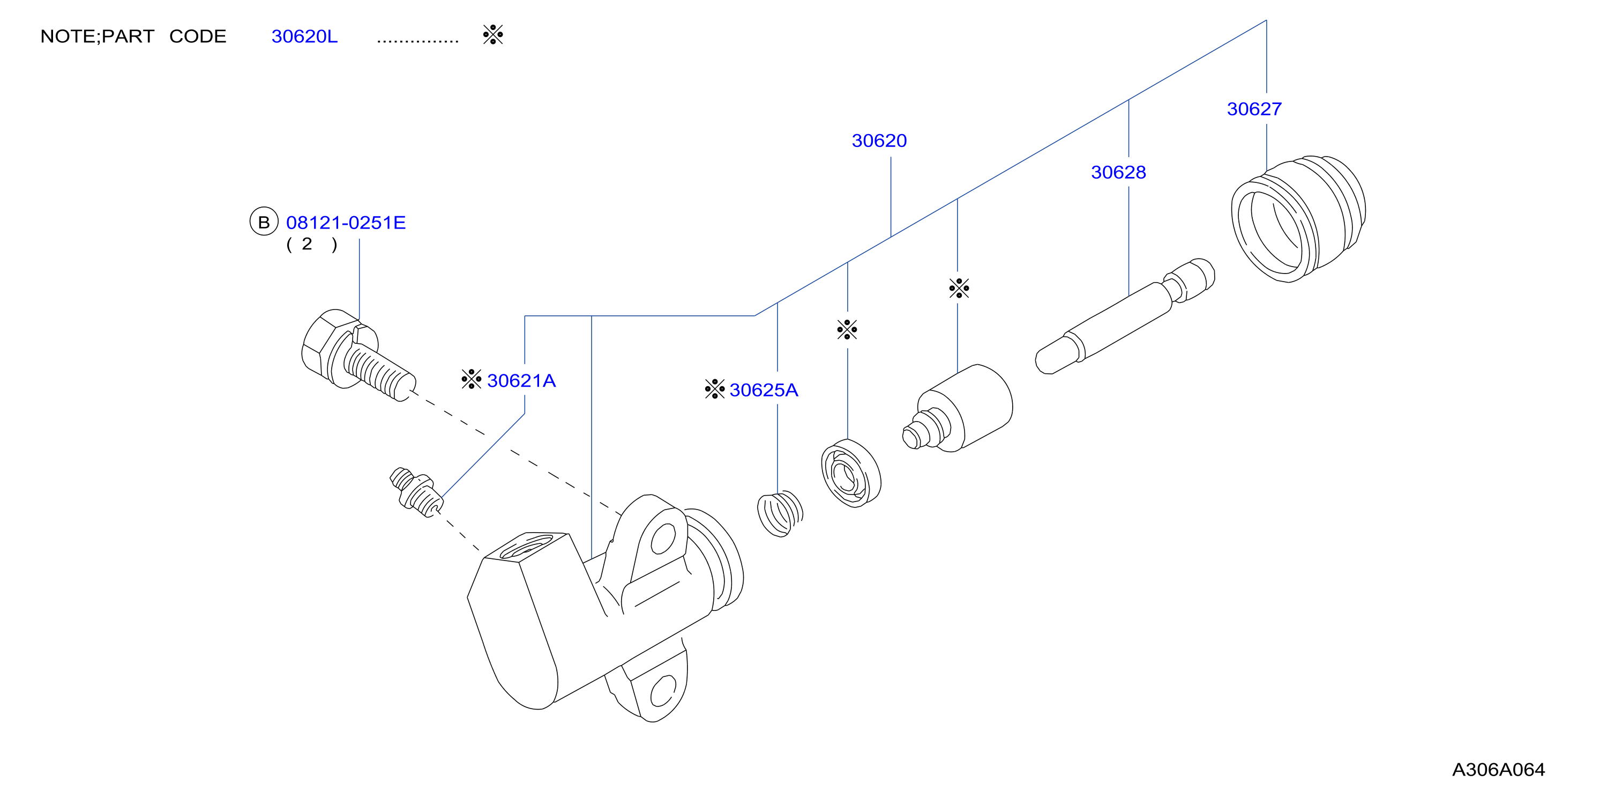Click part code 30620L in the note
[x=304, y=36]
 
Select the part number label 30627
[x=1254, y=109]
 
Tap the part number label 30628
[x=1118, y=172]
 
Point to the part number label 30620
[x=879, y=141]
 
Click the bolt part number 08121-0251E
[x=346, y=223]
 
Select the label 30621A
[x=521, y=381]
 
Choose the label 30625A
[x=764, y=390]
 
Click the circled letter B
[x=264, y=222]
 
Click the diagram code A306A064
[x=1498, y=770]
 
